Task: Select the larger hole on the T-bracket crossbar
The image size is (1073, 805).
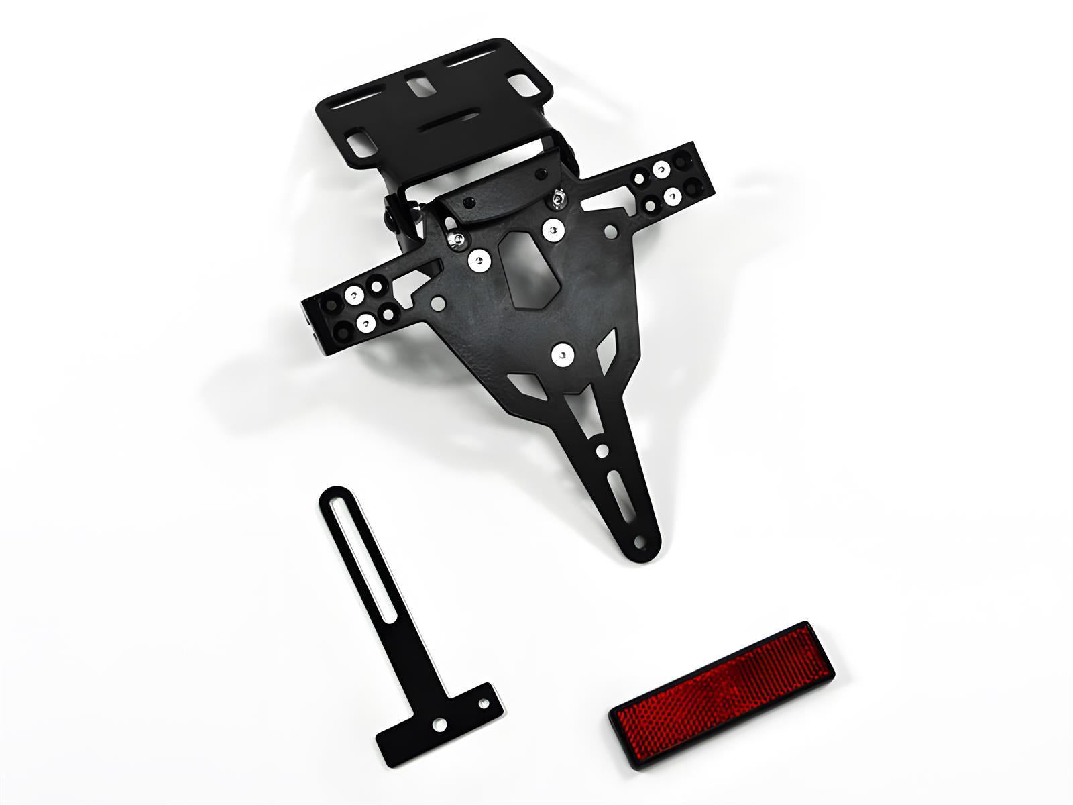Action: tap(439, 724)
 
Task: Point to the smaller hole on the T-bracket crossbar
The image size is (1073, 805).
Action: tap(483, 704)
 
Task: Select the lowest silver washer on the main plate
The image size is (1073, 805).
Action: tap(562, 354)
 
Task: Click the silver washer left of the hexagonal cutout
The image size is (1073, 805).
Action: tap(478, 260)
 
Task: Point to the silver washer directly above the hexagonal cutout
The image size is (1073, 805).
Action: tap(552, 230)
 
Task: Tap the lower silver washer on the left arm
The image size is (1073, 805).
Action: tap(366, 324)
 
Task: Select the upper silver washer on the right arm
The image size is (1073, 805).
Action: tap(661, 170)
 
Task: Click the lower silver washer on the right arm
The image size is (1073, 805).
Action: tap(673, 196)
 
